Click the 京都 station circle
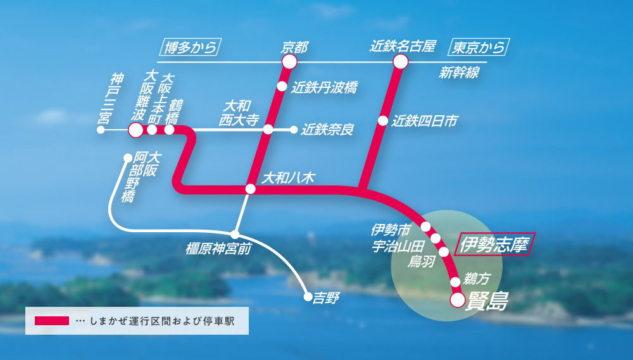coord(289,61)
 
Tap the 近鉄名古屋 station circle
coord(400,61)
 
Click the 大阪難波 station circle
coord(135,130)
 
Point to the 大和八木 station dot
coord(251,189)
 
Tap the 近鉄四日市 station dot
coord(383,120)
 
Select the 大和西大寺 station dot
coord(268,130)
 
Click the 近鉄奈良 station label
coord(327,130)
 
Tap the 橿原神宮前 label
coord(218,247)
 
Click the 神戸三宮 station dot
coord(101,130)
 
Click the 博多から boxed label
coord(190,47)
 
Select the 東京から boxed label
coord(479,47)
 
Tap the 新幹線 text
coord(459,73)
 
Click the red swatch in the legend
coord(51,321)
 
